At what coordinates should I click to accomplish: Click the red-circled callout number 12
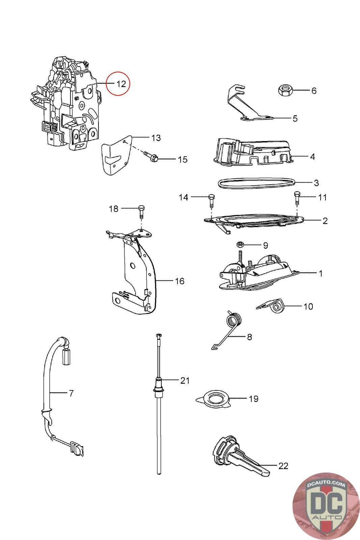[x=121, y=84]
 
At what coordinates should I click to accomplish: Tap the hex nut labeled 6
[x=285, y=90]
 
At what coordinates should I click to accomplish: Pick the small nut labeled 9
[x=241, y=244]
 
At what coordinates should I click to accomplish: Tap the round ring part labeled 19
[x=213, y=399]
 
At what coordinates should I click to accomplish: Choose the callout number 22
[x=283, y=466]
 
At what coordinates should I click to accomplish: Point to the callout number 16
[x=180, y=281]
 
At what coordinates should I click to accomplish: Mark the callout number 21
[x=185, y=381]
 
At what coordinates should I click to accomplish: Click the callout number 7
[x=71, y=393]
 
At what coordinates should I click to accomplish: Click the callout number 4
[x=312, y=157]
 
